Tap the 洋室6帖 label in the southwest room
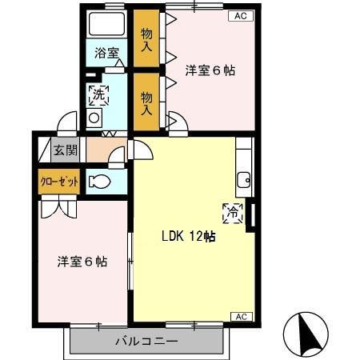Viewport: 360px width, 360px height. point(82,261)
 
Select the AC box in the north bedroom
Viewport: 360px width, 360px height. point(240,15)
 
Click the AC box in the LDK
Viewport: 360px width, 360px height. point(240,316)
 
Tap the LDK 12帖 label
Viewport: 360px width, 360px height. point(187,236)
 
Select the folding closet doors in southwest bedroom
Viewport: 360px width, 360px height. point(57,206)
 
